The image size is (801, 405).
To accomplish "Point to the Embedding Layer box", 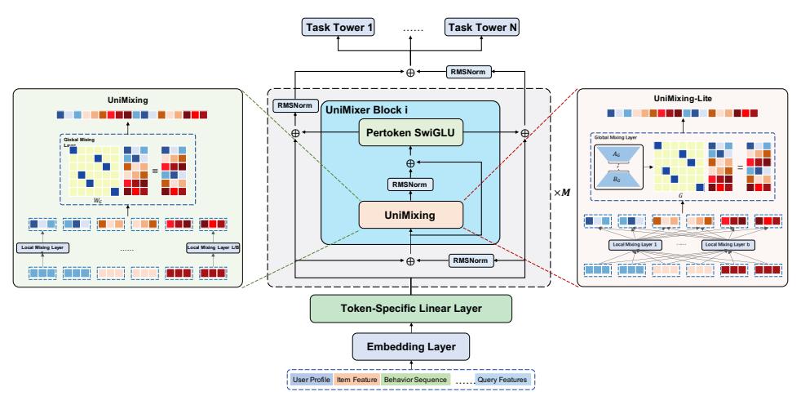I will (x=410, y=346).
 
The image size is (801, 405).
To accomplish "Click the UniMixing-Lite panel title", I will (x=682, y=99).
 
